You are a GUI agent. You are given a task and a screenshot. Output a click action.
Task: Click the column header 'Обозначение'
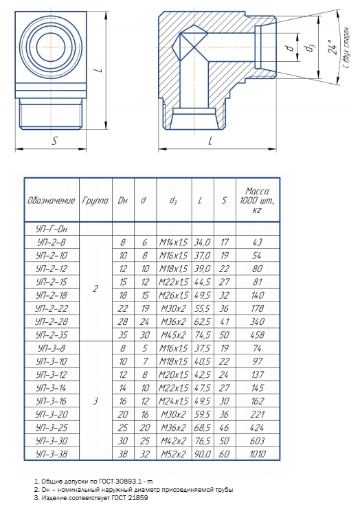(x=52, y=201)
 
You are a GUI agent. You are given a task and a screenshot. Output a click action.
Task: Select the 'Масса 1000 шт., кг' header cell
(x=258, y=201)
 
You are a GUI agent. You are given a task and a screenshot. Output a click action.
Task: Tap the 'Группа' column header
(x=95, y=201)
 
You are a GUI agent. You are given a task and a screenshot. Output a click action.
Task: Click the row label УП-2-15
(x=52, y=282)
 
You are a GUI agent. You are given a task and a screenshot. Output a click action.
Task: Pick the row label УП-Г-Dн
(x=52, y=229)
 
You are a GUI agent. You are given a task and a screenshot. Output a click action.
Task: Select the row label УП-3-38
(x=52, y=454)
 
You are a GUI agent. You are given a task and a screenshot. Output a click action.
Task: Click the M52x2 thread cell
(x=174, y=454)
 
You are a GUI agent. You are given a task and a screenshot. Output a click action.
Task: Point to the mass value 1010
(x=258, y=454)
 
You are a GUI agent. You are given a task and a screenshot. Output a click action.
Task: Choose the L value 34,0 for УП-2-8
(x=203, y=242)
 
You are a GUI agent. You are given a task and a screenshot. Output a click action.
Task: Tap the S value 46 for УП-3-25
(x=224, y=427)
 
